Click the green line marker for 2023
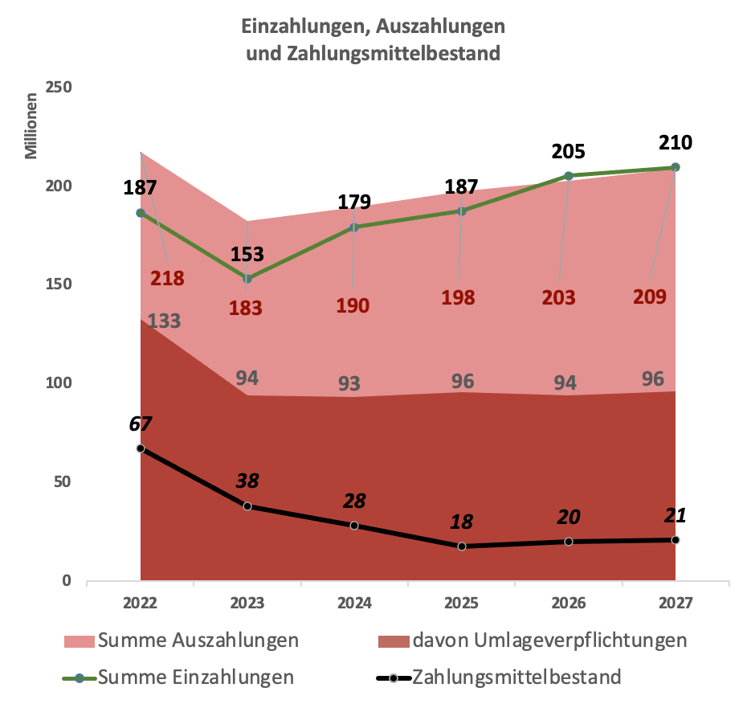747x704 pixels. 247,279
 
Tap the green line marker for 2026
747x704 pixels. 568,176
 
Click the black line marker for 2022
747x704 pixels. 141,448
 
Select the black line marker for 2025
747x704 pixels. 461,546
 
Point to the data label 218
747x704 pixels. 167,279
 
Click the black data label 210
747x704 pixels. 675,143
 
